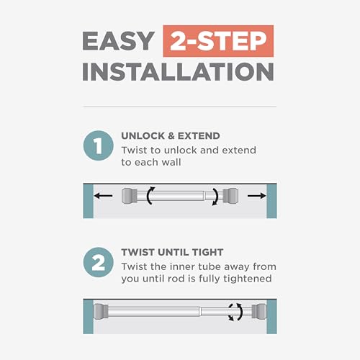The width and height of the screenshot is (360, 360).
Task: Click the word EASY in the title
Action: [118, 41]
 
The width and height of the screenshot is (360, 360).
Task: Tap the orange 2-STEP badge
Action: [218, 41]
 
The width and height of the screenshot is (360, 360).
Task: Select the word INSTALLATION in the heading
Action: [178, 72]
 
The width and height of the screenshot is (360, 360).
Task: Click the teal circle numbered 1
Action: [99, 145]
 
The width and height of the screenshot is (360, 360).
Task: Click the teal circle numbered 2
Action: [99, 262]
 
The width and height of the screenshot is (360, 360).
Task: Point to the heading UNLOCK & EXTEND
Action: [171, 136]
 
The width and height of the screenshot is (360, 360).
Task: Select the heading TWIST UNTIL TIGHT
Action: [172, 252]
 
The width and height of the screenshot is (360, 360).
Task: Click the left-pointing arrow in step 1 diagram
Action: [103, 196]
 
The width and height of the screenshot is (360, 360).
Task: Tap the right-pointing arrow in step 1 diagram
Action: [257, 196]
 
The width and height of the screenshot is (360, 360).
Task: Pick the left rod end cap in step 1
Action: [130, 196]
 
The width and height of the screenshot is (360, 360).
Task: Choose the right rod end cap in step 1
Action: [230, 196]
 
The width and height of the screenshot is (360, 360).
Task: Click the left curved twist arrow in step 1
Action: [150, 196]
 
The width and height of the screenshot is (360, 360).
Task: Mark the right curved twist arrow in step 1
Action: [216, 197]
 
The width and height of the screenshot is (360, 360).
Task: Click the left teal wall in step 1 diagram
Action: [88, 201]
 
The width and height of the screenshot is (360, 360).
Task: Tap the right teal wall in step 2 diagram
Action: [271, 317]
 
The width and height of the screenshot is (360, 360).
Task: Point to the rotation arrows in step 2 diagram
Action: [235, 312]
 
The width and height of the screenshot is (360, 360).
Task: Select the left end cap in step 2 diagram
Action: [101, 312]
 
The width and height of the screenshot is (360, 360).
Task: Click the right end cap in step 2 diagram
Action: [259, 312]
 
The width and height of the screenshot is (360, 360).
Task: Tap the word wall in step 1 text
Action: [171, 162]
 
